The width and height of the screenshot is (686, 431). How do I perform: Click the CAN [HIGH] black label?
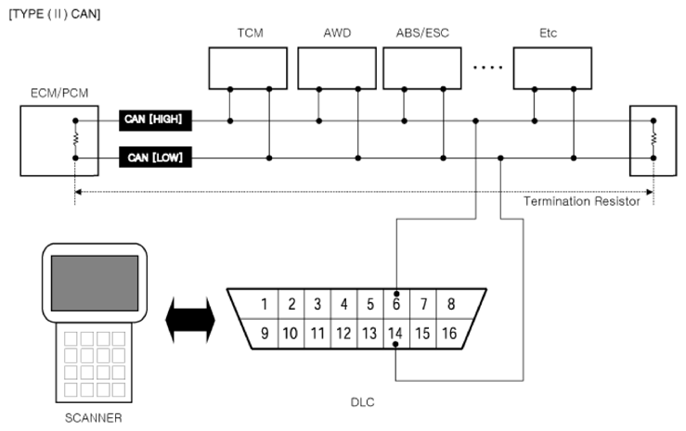tap(155, 120)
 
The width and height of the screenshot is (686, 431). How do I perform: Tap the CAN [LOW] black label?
tap(155, 158)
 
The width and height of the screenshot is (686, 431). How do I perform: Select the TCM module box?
tap(248, 68)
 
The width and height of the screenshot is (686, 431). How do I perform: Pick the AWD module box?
tap(337, 68)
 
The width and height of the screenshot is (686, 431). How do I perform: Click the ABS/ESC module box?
tap(422, 68)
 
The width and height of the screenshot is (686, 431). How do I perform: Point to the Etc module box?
tap(552, 68)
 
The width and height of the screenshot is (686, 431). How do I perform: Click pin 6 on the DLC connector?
tap(396, 304)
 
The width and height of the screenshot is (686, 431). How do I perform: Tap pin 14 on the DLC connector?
tap(395, 334)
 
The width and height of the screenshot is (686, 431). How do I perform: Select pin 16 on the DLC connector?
tap(449, 334)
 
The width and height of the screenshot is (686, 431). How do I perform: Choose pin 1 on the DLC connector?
tap(264, 304)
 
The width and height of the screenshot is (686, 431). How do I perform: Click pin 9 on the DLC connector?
tap(265, 334)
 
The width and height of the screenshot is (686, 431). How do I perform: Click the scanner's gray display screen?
tap(95, 284)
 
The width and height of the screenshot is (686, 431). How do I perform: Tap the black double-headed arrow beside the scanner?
tap(190, 320)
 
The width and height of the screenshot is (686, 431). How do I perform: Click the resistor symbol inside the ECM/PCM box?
tap(75, 139)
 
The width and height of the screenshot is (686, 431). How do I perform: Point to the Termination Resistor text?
tap(581, 201)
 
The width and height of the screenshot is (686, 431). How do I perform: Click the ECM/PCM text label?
tap(59, 93)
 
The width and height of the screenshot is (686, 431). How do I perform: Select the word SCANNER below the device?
tap(94, 418)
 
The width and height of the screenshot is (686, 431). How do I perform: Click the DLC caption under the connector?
tap(363, 402)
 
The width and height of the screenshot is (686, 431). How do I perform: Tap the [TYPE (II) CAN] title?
tap(55, 14)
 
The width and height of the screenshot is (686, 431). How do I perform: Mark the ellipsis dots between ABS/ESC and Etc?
tap(488, 68)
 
